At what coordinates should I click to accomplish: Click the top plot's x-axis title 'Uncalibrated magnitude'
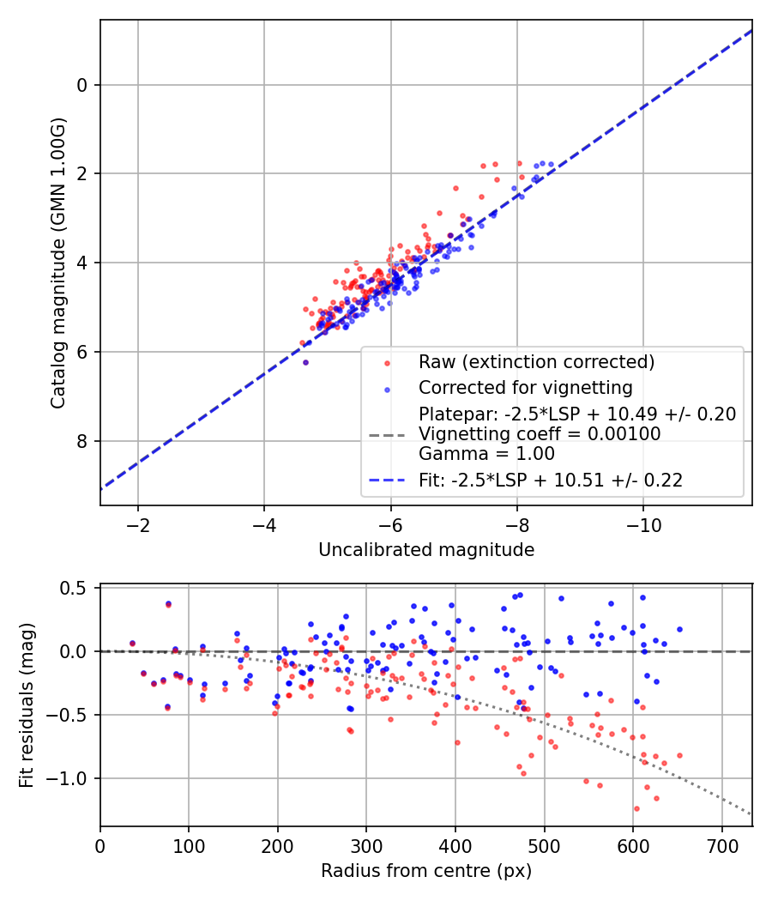click(426, 549)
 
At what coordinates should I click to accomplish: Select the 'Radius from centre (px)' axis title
click(426, 871)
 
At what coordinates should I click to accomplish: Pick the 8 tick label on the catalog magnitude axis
click(82, 441)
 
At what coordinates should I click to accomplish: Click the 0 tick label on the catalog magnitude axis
click(82, 85)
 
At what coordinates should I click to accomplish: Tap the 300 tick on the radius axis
click(366, 845)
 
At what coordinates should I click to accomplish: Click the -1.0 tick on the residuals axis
click(73, 778)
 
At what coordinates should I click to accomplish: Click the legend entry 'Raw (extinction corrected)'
click(536, 362)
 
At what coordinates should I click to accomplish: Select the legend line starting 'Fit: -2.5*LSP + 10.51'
click(551, 481)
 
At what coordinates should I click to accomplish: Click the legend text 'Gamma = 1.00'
click(486, 454)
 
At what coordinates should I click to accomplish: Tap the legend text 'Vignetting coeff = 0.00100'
click(540, 434)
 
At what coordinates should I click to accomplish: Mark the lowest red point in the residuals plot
click(636, 808)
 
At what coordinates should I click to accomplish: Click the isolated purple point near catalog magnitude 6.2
click(305, 363)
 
